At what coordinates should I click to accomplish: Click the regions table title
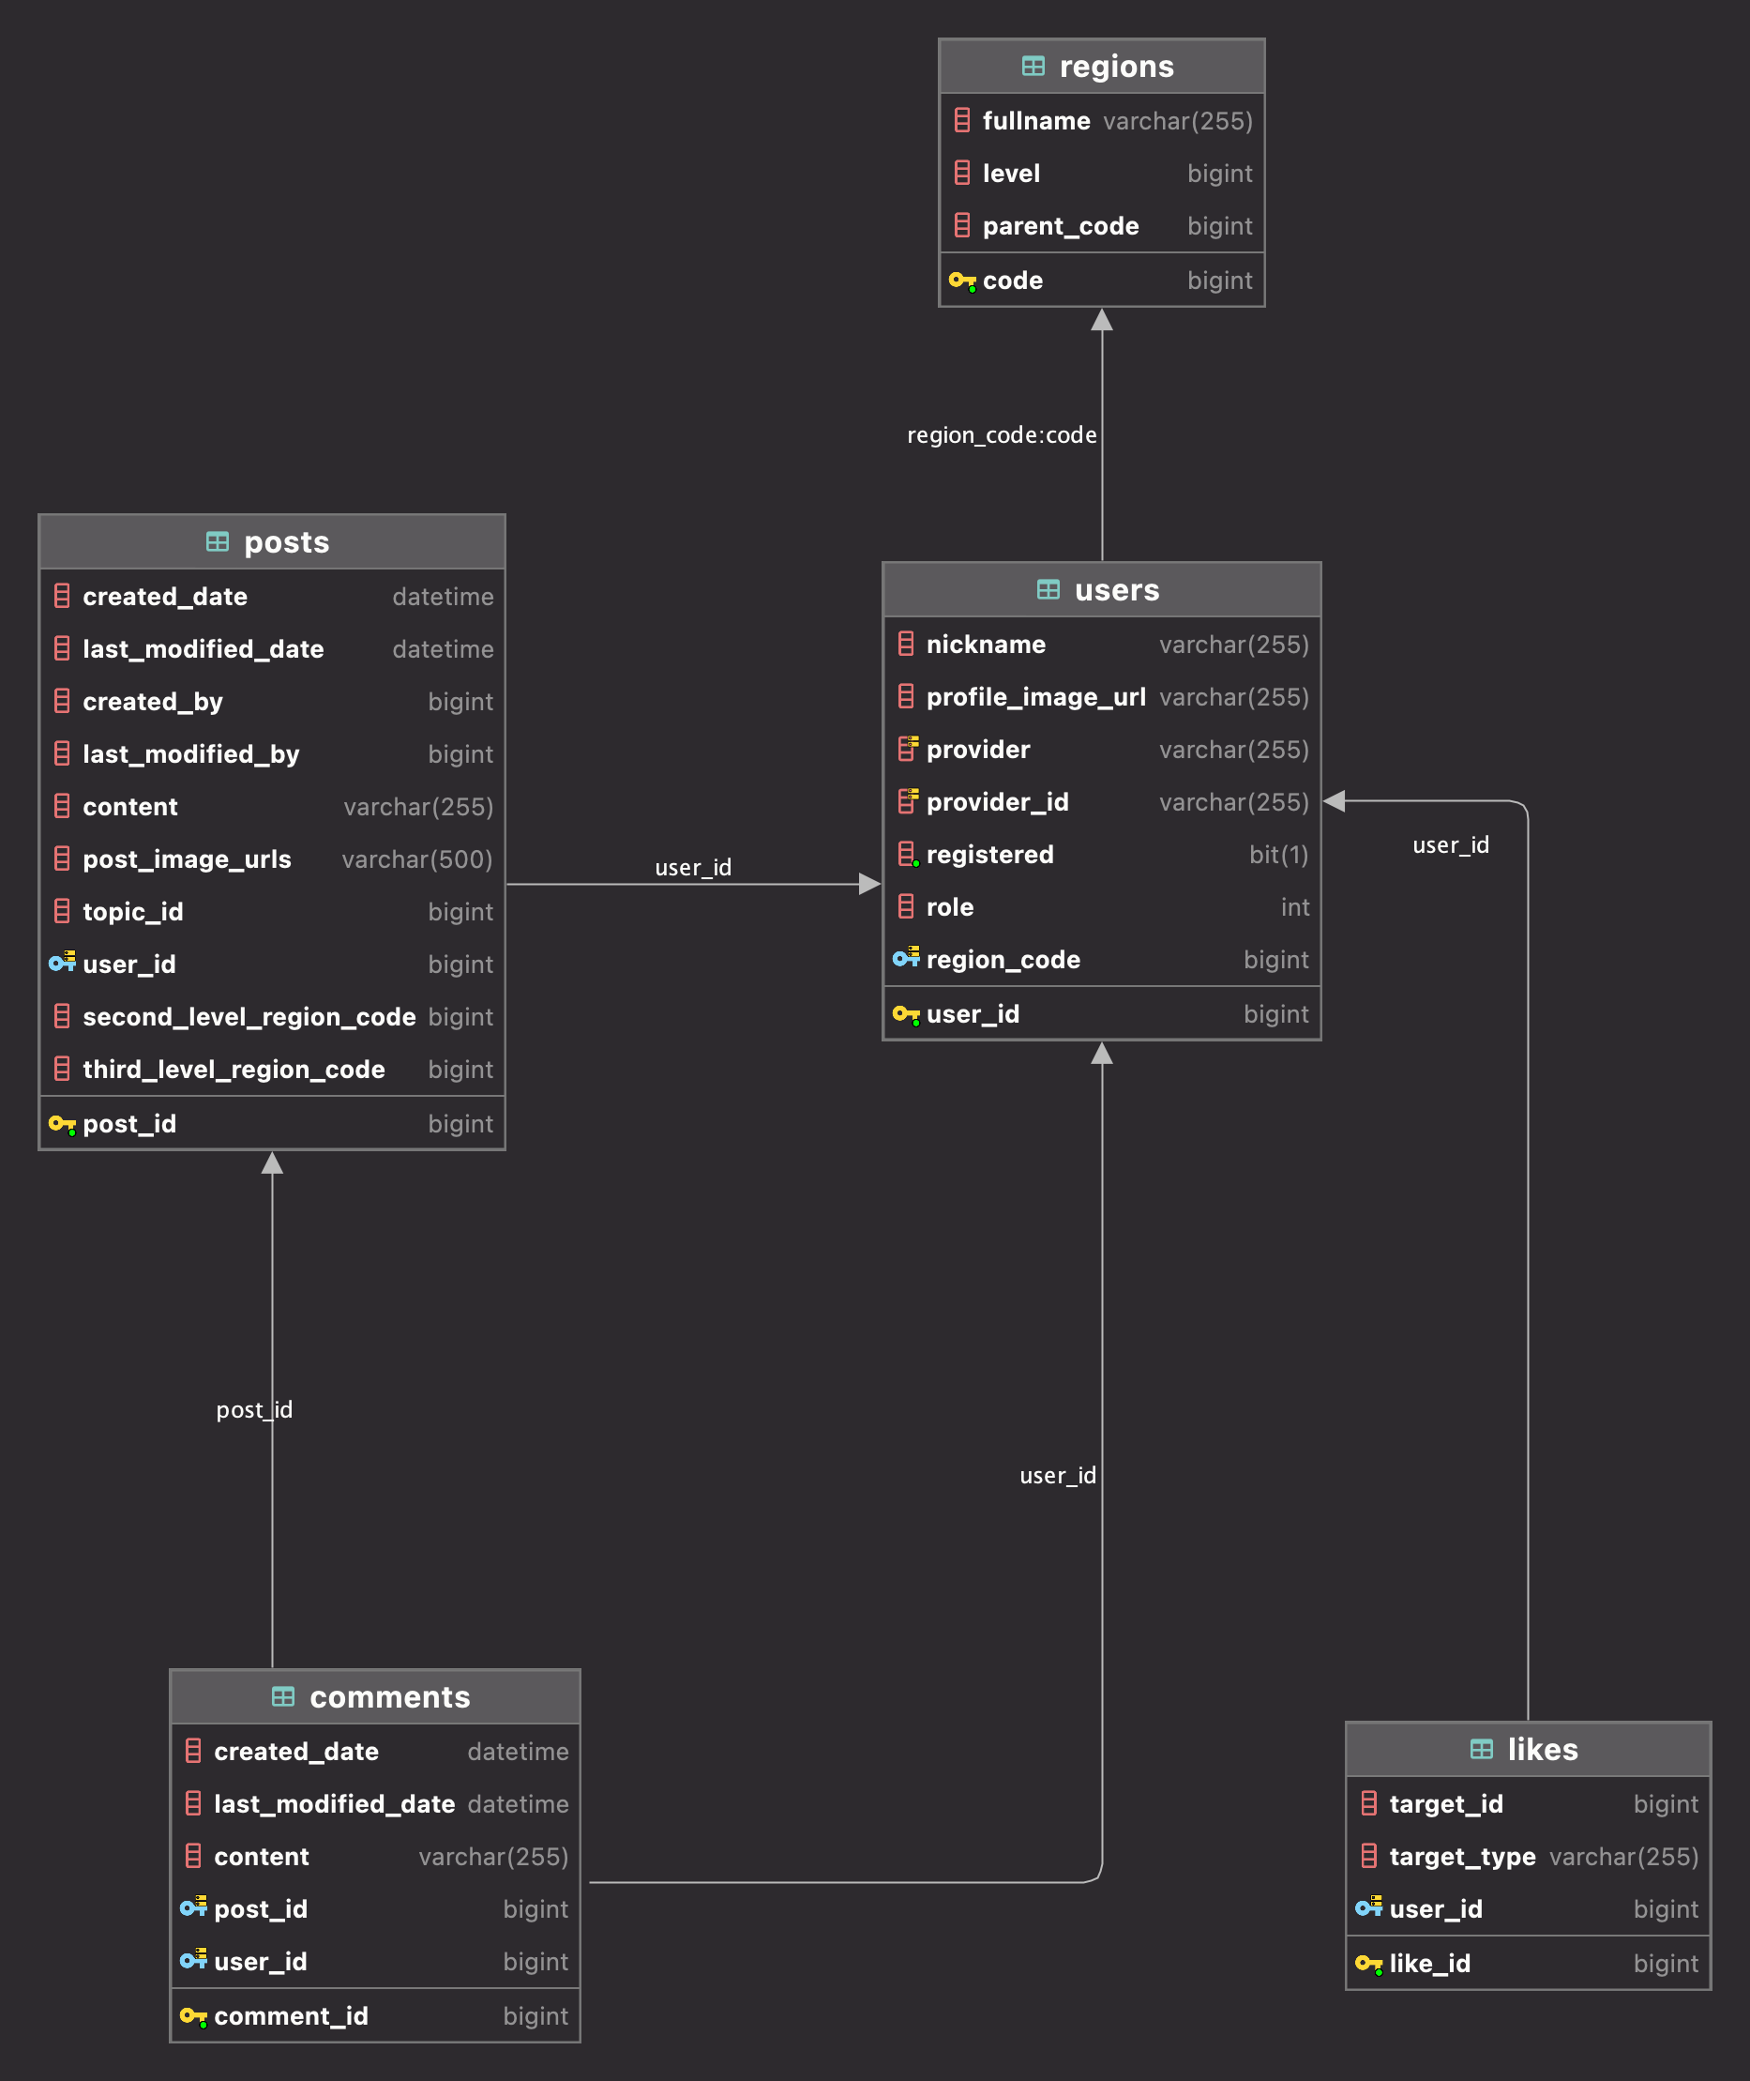click(1115, 67)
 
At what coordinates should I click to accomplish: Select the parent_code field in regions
click(1060, 226)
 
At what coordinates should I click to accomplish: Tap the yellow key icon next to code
click(961, 281)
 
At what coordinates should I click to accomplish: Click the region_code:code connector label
click(1001, 434)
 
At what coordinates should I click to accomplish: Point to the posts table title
click(286, 542)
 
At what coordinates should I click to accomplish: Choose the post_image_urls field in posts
click(187, 859)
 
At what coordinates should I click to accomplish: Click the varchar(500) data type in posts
click(416, 859)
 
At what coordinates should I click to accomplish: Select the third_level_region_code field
click(234, 1070)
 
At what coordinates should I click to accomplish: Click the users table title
click(1116, 589)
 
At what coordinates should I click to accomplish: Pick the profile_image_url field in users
click(1034, 698)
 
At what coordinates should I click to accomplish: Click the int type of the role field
click(1294, 907)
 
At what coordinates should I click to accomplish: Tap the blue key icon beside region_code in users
click(905, 959)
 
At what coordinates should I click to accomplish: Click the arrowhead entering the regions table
click(1101, 321)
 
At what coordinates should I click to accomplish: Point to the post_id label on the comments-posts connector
click(254, 1409)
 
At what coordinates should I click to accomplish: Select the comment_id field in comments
click(291, 2016)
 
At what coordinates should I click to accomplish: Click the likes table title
click(1542, 1749)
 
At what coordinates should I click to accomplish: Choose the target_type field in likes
click(1461, 1857)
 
